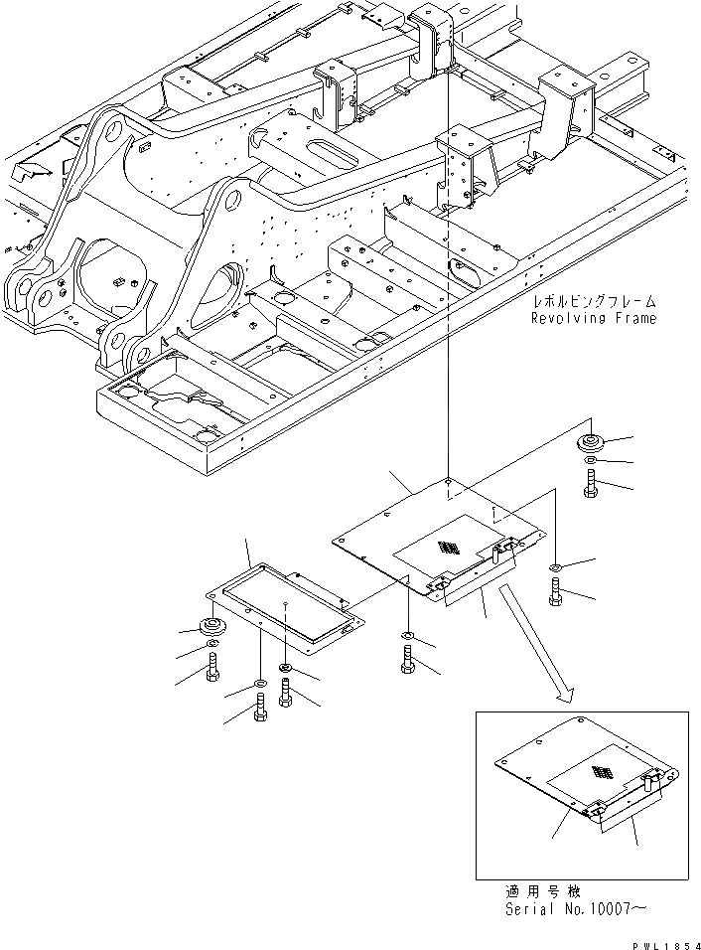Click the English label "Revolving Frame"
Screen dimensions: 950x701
click(593, 318)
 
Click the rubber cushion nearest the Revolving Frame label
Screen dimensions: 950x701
click(592, 442)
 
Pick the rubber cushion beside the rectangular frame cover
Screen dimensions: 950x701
click(212, 628)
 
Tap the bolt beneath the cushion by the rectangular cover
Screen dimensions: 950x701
click(212, 674)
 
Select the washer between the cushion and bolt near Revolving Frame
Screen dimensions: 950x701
click(592, 463)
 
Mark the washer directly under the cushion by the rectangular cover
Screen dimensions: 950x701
click(212, 651)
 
